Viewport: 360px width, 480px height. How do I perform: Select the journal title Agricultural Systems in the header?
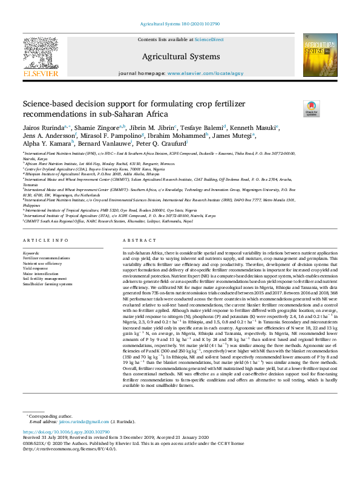[x=180, y=56]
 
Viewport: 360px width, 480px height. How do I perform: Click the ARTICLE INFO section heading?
[x=44, y=241]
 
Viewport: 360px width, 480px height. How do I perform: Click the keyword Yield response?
[x=36, y=268]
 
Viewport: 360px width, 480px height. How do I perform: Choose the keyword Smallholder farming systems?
[x=47, y=284]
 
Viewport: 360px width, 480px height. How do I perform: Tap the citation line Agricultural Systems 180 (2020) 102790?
[x=180, y=24]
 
